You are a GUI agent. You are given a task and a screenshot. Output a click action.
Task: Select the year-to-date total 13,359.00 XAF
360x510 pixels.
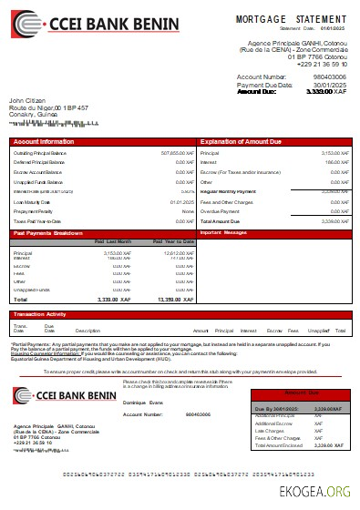click(175, 300)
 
